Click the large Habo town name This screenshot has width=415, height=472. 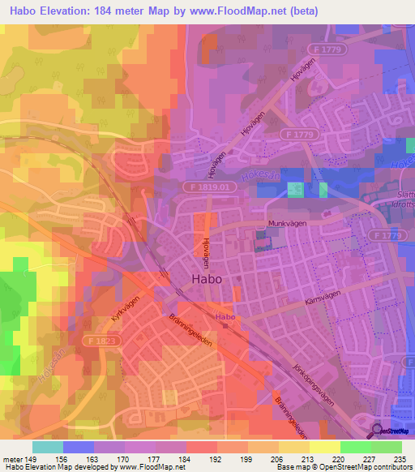(x=207, y=277)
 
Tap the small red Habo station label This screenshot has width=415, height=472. (x=225, y=316)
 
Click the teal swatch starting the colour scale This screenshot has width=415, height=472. (x=48, y=447)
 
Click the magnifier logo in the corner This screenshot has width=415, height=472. (x=377, y=431)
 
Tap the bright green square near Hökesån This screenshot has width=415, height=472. (x=295, y=190)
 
